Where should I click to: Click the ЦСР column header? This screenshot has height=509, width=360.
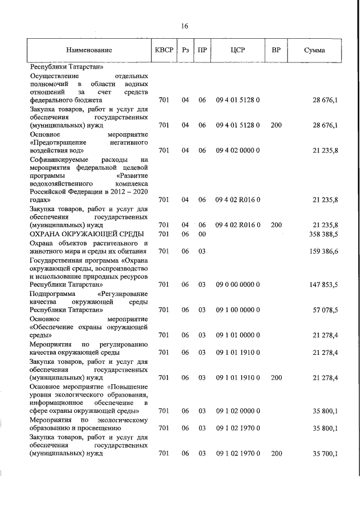point(237,50)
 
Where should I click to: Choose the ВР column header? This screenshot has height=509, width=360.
point(276,50)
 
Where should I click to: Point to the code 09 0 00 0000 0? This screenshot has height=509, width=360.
point(237,285)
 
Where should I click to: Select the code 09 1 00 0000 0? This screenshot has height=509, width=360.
point(237,310)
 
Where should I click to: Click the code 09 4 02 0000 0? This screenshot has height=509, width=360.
point(237,150)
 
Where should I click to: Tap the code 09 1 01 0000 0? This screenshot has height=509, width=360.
point(237,335)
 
